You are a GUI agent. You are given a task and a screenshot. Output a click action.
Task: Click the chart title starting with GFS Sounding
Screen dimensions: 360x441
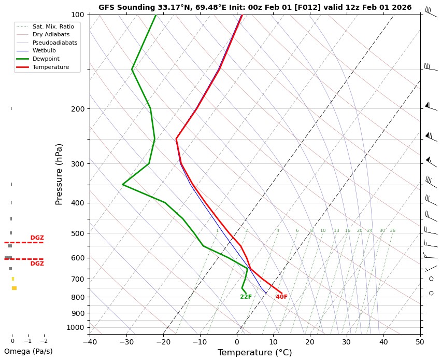[x=255, y=7]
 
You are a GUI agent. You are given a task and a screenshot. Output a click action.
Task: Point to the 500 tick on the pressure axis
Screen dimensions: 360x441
[x=77, y=233]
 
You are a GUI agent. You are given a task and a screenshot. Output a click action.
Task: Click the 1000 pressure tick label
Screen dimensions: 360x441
[x=75, y=327]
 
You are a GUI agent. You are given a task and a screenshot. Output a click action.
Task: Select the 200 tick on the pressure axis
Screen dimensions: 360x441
[x=77, y=109]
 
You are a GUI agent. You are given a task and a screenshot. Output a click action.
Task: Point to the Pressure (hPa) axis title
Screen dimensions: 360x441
[x=59, y=174]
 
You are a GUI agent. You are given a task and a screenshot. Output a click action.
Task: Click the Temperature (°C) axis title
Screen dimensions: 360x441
[x=254, y=353]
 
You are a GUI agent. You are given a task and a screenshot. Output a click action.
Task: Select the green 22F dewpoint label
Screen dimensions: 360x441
[x=246, y=297]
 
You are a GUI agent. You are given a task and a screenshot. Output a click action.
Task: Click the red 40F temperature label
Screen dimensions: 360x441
[x=281, y=297]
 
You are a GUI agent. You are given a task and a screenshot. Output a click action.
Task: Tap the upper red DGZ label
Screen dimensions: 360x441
[x=37, y=238]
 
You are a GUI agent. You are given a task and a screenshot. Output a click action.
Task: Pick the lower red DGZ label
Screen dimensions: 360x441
[x=37, y=264]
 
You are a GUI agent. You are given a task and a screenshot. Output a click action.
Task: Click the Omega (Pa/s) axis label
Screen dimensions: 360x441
[x=28, y=351]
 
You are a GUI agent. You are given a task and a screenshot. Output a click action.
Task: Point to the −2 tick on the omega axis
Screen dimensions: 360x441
[x=44, y=341]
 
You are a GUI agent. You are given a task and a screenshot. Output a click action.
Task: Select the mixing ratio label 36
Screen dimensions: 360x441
[x=392, y=230]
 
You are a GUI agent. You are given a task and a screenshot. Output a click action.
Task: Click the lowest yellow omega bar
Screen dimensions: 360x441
[x=14, y=288]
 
